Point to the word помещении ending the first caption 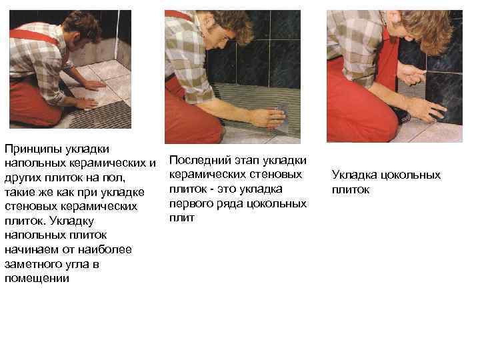tap(37, 278)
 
